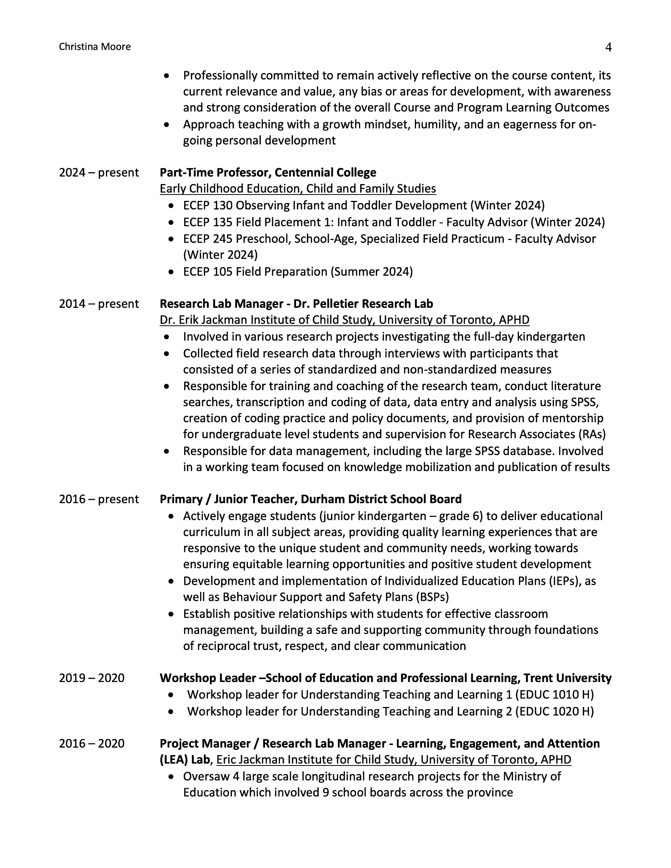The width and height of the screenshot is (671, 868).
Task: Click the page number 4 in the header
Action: click(608, 47)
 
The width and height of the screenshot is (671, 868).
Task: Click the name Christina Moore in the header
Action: click(95, 47)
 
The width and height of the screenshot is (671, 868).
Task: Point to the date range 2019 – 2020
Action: click(92, 678)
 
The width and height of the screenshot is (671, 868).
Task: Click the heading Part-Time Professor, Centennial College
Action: click(268, 173)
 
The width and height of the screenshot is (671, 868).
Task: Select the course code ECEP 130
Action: click(208, 205)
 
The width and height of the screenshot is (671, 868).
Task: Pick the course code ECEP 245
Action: click(208, 239)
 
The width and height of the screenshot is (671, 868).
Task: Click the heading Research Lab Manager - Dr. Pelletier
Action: click(296, 304)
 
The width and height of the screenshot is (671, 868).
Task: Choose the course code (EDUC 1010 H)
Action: click(555, 694)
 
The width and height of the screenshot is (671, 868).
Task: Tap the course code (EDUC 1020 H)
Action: click(555, 711)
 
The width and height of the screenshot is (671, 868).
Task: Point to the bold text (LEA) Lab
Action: click(185, 760)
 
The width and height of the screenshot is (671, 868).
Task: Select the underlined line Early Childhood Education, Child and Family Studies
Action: click(298, 189)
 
